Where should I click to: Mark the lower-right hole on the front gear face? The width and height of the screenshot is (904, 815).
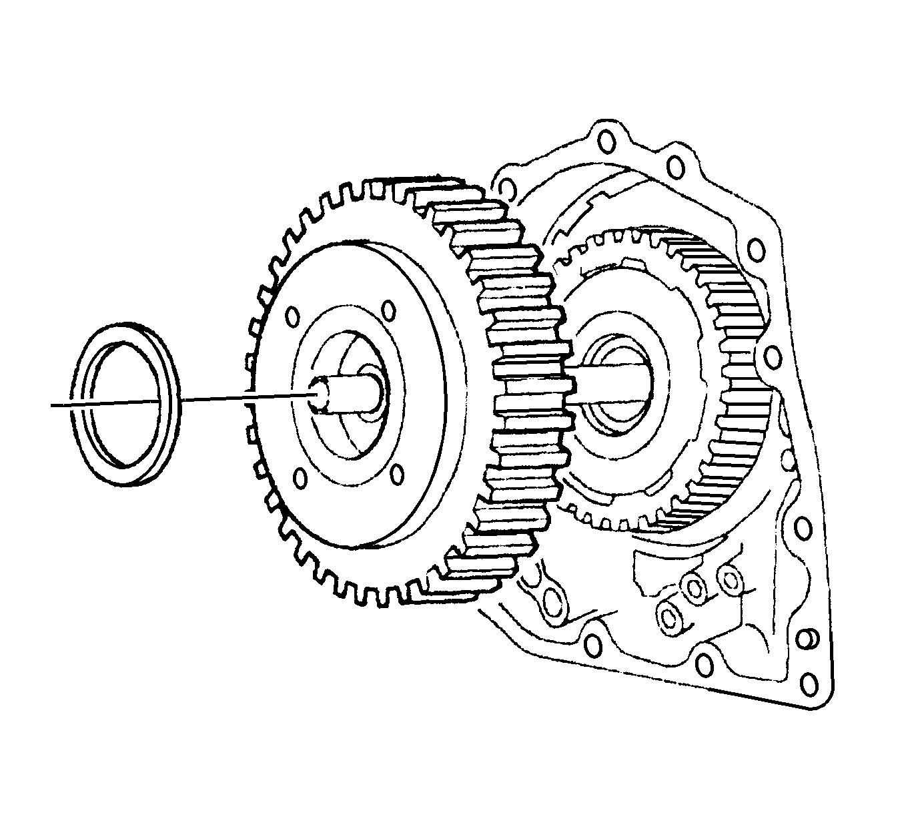click(396, 474)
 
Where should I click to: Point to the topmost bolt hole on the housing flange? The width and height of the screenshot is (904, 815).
click(606, 141)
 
